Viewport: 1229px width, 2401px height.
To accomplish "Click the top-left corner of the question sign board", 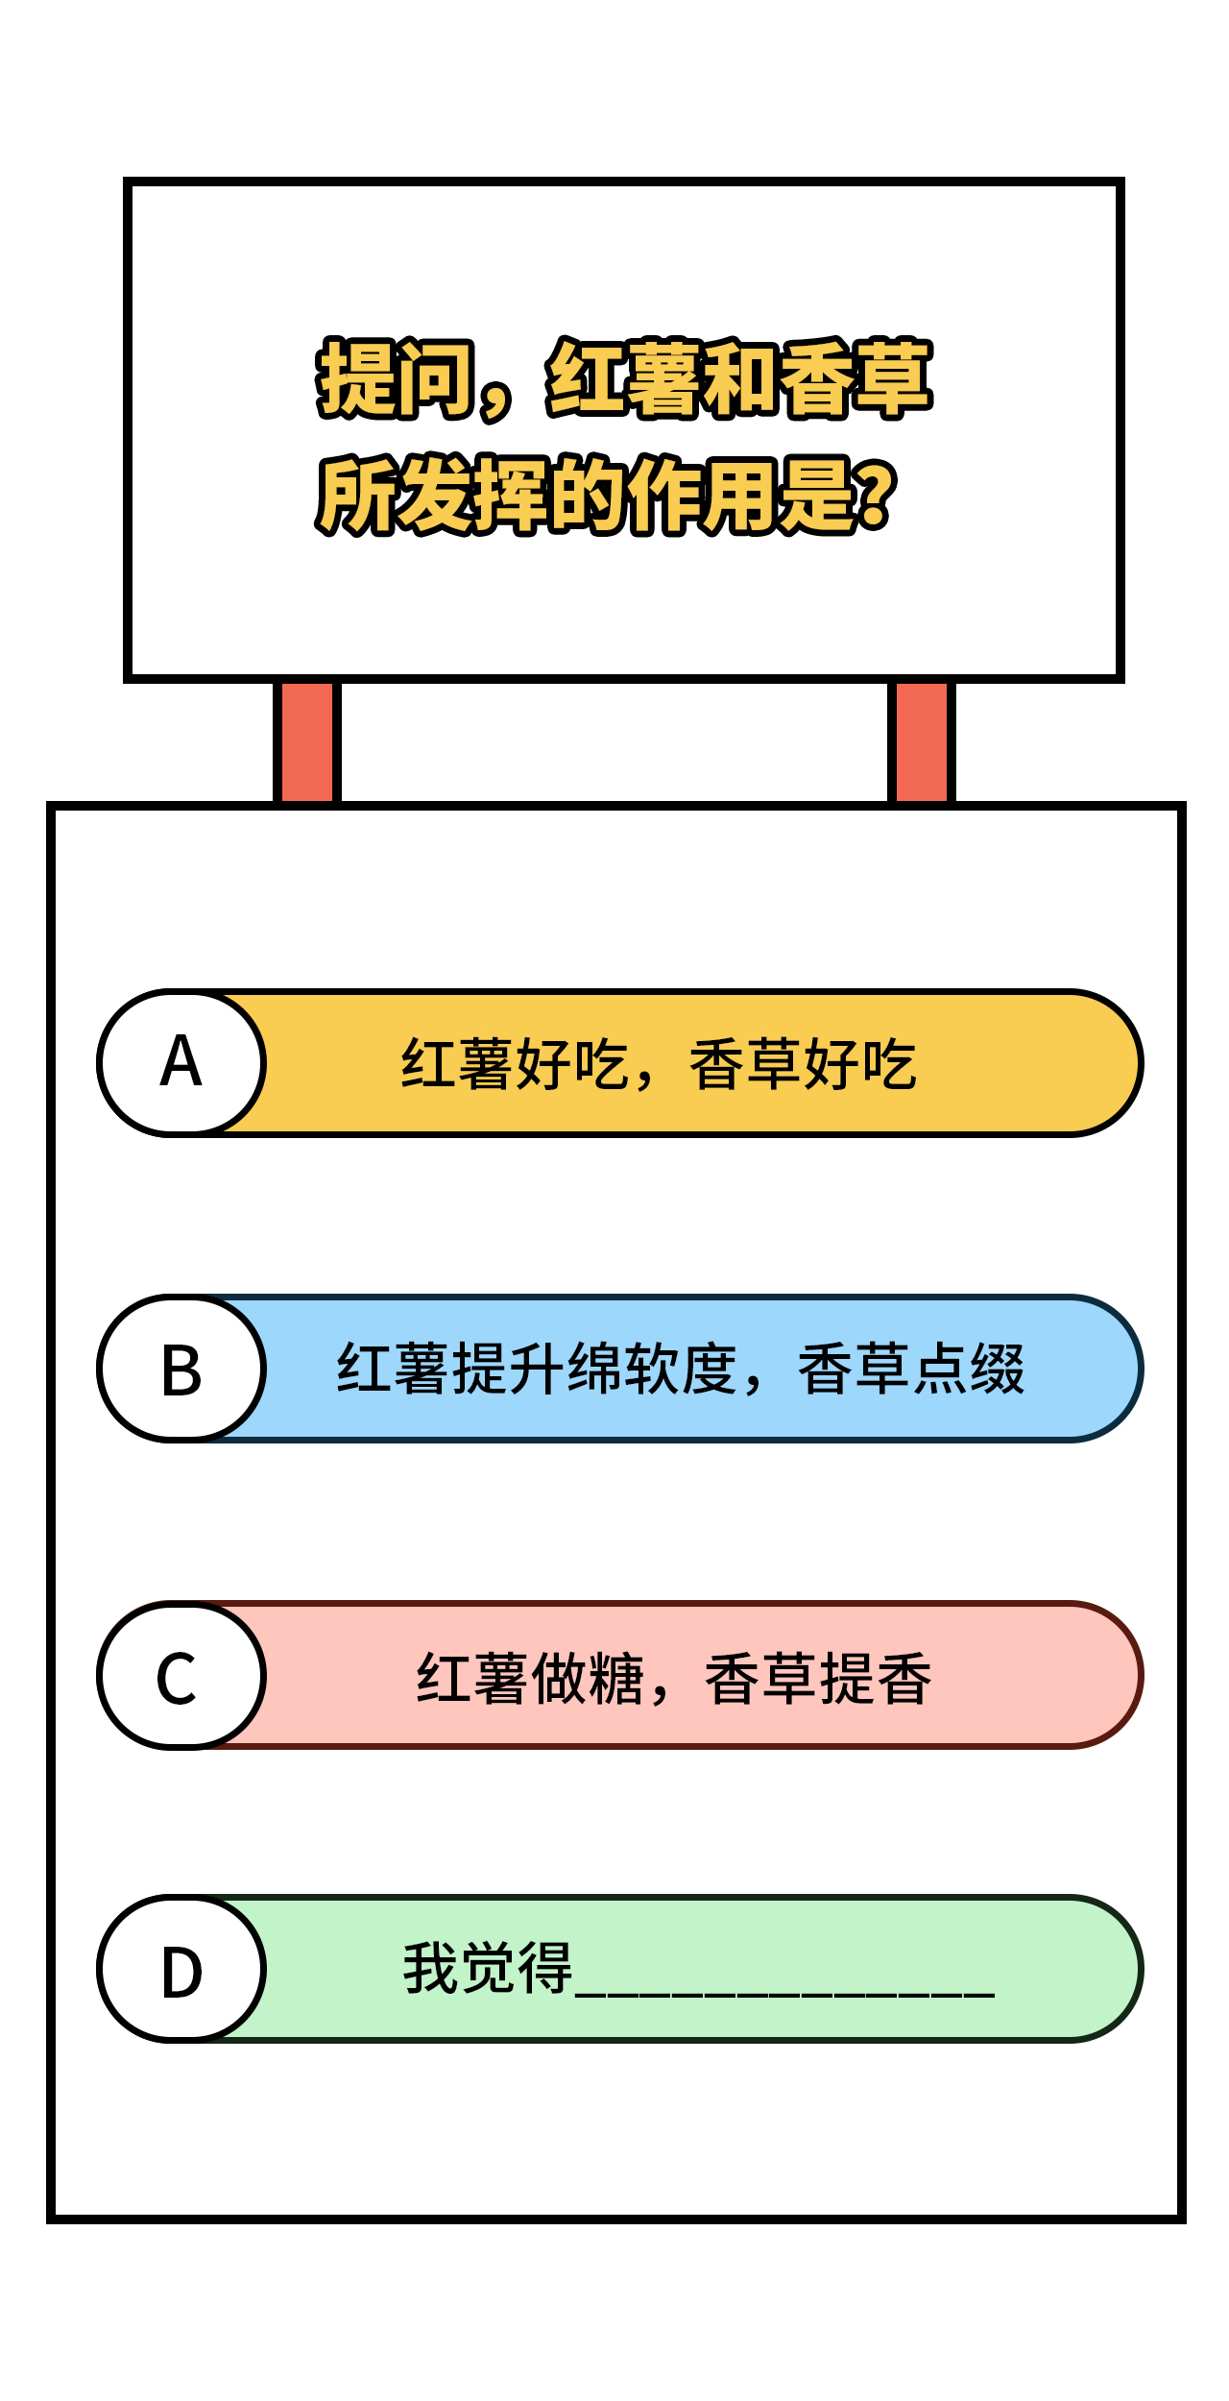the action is point(126,180).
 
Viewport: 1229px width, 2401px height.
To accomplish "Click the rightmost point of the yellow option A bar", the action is point(1143,1063).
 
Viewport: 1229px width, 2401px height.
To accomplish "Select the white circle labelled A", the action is point(181,1063).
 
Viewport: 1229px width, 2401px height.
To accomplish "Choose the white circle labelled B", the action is point(181,1369).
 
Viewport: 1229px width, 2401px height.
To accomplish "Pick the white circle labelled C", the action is point(181,1675).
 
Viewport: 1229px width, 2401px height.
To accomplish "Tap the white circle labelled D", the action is point(181,1969).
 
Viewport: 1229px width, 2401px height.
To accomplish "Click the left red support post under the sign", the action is point(307,742).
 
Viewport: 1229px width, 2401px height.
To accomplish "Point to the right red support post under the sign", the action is point(922,742).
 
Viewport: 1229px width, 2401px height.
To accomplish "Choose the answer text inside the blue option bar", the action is point(681,1369).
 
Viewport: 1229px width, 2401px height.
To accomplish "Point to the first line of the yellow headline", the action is point(624,378).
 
